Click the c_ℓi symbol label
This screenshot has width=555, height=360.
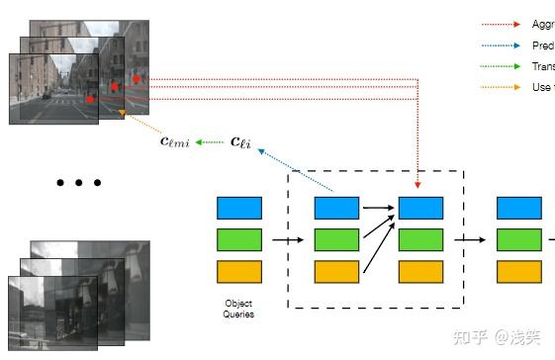(x=240, y=142)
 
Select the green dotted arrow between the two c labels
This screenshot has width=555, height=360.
(x=209, y=142)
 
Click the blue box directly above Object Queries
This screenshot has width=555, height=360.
(x=238, y=208)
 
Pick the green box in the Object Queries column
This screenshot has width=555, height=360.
(x=238, y=239)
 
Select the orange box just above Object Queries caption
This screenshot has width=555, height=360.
(x=238, y=272)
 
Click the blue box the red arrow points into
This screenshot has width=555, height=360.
(x=420, y=208)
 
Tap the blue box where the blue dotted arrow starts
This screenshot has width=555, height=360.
(x=336, y=208)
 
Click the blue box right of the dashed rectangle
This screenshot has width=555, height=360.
(x=518, y=208)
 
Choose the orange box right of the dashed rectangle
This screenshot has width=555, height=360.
(x=518, y=272)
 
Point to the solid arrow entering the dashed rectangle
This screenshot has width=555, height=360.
(x=288, y=239)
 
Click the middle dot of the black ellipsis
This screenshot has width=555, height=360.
(x=78, y=183)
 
